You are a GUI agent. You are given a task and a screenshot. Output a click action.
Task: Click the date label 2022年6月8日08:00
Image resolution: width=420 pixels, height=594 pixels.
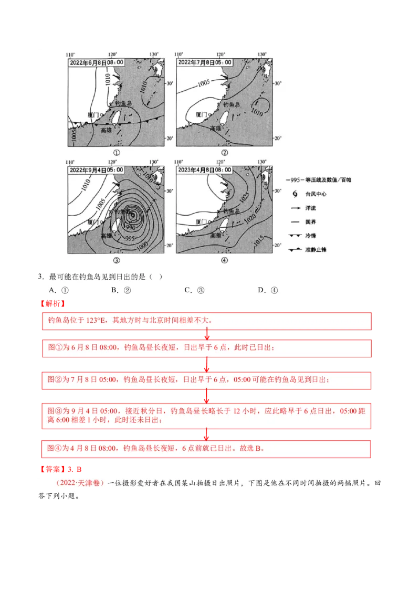(x=96, y=62)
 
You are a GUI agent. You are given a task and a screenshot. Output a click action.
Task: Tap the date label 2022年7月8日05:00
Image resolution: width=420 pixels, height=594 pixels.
(x=204, y=62)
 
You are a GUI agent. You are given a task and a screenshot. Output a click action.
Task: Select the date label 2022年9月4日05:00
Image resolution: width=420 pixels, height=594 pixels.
(x=96, y=170)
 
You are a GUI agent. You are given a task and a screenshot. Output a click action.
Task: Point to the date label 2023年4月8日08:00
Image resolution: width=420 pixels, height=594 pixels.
(x=204, y=170)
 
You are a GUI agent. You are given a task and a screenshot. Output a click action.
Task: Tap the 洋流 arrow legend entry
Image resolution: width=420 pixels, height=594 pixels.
(x=304, y=208)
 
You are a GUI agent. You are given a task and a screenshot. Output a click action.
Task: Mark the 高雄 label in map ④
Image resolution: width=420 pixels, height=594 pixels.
(x=216, y=236)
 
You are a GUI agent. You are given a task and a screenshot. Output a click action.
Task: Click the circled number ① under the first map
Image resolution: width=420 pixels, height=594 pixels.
(x=116, y=152)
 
